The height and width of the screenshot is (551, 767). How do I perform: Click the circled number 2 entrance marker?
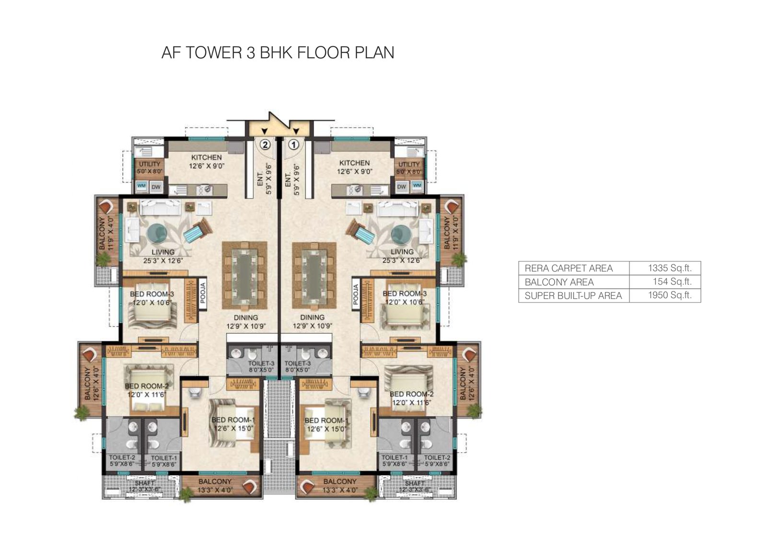265,144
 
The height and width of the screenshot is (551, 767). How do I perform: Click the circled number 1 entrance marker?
293,144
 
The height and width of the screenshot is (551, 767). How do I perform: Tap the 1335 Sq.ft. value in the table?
669,268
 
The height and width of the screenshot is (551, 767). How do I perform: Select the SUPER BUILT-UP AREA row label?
573,296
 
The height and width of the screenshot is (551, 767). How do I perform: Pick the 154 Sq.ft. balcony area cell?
672,281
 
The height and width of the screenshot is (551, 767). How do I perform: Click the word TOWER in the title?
213,52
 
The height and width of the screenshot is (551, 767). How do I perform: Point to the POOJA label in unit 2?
202,294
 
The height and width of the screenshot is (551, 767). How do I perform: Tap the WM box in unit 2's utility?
141,186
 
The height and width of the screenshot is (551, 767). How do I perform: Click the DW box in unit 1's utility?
402,186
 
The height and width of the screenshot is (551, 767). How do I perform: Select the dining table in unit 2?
244,275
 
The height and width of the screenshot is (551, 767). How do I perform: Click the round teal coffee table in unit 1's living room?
401,234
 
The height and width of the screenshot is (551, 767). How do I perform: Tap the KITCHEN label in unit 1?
354,163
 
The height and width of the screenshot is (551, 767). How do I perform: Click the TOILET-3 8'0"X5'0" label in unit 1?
297,367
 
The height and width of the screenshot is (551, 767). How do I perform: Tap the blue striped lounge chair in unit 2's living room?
197,234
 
